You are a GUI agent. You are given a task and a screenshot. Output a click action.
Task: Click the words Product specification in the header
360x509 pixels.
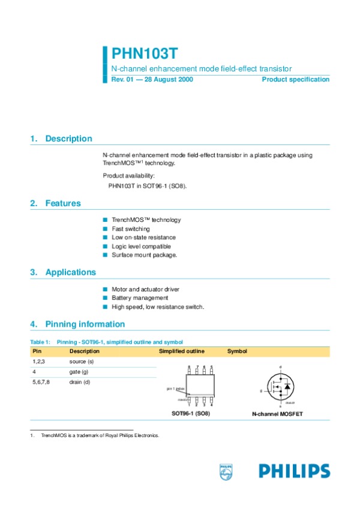point(296,79)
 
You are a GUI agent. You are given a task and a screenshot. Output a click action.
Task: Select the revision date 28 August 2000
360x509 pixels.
point(169,79)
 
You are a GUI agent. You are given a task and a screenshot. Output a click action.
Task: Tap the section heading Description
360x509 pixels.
point(68,138)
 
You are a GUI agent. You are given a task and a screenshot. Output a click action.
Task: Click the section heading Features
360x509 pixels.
point(63,203)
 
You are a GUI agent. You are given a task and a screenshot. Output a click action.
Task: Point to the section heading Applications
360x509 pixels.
point(70,272)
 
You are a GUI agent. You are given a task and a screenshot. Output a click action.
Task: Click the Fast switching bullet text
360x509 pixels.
point(131,229)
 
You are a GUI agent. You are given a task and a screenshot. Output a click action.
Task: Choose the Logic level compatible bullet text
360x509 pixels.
point(141,246)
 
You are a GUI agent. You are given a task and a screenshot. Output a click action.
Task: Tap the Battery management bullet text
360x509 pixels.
point(140,298)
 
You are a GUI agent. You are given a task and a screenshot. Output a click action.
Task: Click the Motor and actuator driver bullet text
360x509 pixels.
point(145,290)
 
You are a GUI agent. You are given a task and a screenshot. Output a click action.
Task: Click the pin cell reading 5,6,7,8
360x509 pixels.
point(41,382)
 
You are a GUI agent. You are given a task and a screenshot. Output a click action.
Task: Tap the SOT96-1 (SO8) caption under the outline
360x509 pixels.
point(191,414)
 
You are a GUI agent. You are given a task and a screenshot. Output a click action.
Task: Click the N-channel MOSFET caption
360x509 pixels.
point(277,414)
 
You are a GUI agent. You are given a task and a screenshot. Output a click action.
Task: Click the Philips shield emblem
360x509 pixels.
point(226,471)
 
